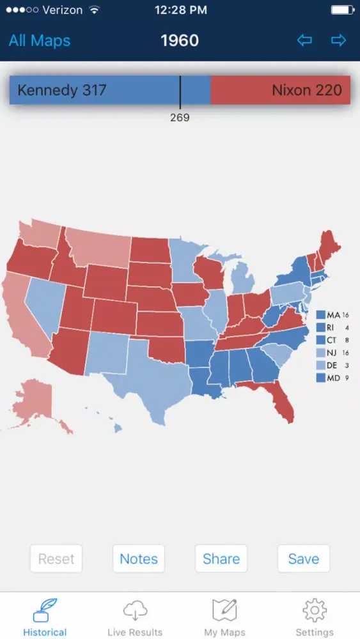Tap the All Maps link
click(40, 41)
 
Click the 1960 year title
click(180, 41)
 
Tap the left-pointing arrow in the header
click(304, 41)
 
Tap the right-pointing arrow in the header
click(338, 41)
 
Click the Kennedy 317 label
click(61, 90)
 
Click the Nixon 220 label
click(306, 90)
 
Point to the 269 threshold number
click(180, 118)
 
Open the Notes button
click(139, 559)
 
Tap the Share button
click(221, 559)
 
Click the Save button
click(303, 559)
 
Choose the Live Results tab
click(135, 617)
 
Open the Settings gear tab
click(315, 617)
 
